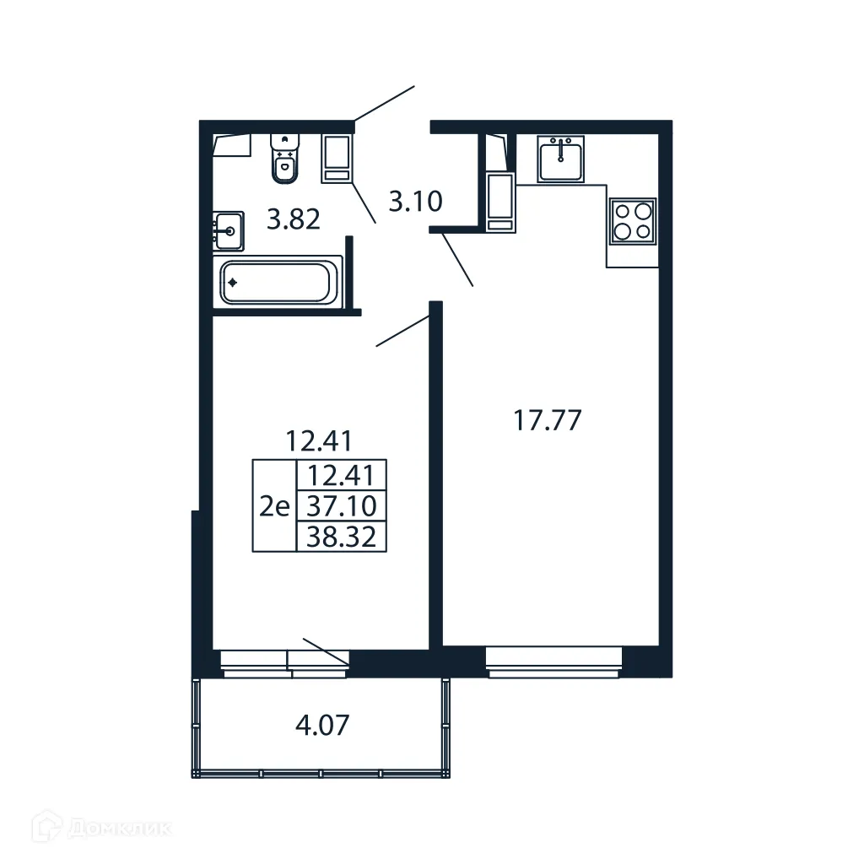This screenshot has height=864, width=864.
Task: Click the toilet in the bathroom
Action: click(285, 159)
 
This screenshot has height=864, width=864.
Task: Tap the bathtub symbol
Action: click(276, 283)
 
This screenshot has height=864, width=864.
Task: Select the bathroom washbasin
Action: click(228, 230)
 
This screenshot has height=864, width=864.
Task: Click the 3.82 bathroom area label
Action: click(293, 221)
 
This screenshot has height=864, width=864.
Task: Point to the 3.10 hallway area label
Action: click(415, 202)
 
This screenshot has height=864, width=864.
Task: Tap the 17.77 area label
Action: click(548, 419)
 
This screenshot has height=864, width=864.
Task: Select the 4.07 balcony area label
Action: click(322, 725)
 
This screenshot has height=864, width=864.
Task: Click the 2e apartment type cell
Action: click(275, 507)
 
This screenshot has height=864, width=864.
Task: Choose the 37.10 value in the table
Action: click(342, 507)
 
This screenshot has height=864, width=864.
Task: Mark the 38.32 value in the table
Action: click(342, 536)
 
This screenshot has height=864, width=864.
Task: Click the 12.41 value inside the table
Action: click(342, 476)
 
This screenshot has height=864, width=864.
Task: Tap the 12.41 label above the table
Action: click(318, 440)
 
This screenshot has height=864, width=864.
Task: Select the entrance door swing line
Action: click(384, 104)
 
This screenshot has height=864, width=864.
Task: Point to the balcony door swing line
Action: click(325, 651)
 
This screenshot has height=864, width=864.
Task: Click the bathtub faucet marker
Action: click(232, 283)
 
